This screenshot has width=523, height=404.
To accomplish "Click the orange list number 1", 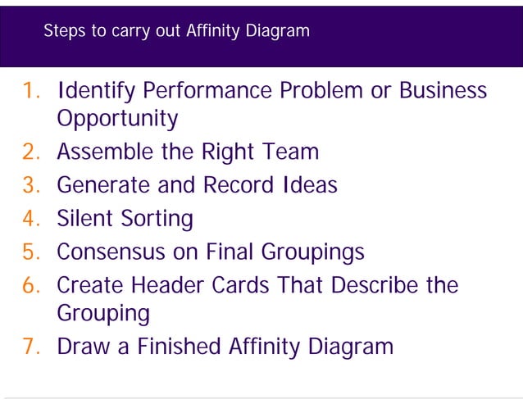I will point(32,90).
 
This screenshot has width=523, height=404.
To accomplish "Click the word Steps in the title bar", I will point(62,32).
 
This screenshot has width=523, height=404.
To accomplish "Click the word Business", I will point(443,90).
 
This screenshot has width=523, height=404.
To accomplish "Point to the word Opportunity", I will point(117,120).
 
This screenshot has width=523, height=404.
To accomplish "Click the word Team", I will point(292,152).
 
